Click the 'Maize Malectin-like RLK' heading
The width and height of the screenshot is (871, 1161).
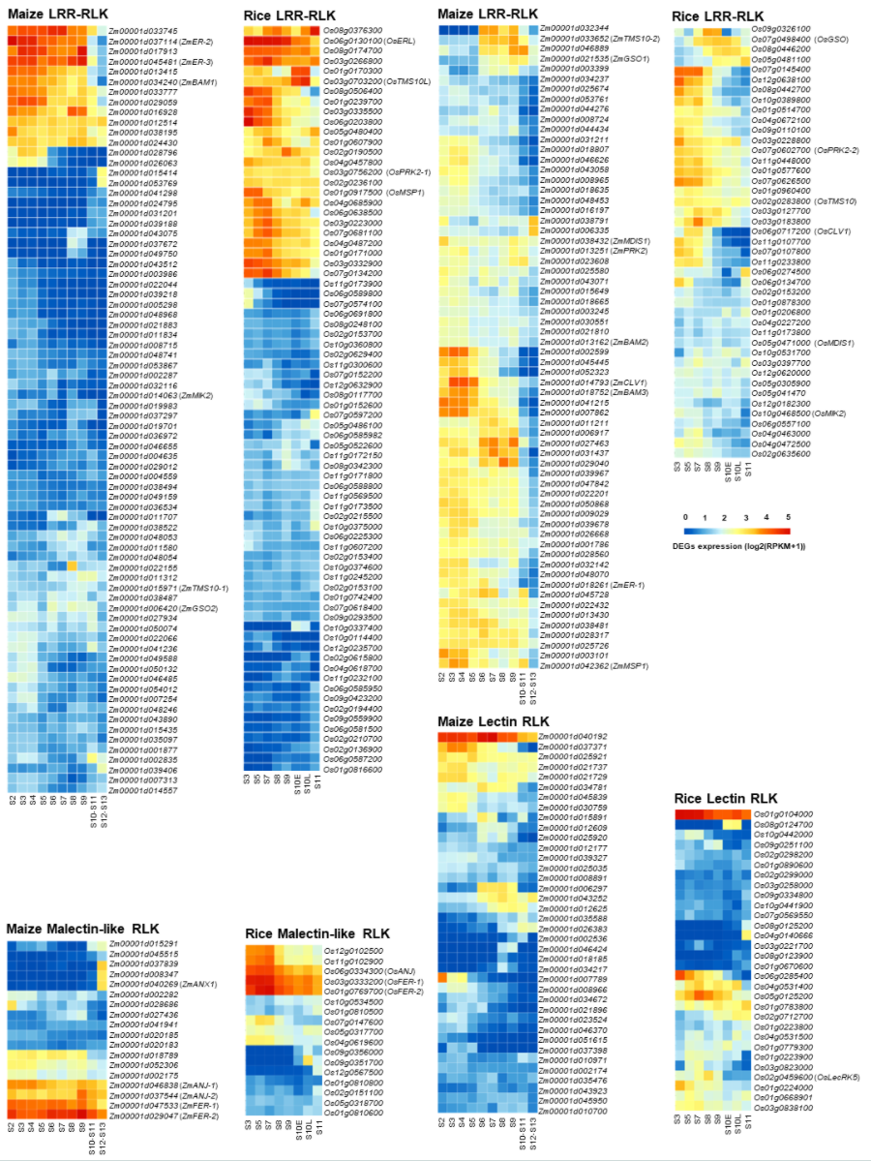[82, 929]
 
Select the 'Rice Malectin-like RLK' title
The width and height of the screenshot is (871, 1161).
[317, 933]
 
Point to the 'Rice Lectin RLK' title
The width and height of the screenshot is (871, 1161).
[726, 798]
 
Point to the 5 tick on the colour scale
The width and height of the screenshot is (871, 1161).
[788, 517]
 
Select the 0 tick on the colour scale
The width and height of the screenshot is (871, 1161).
[685, 517]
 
